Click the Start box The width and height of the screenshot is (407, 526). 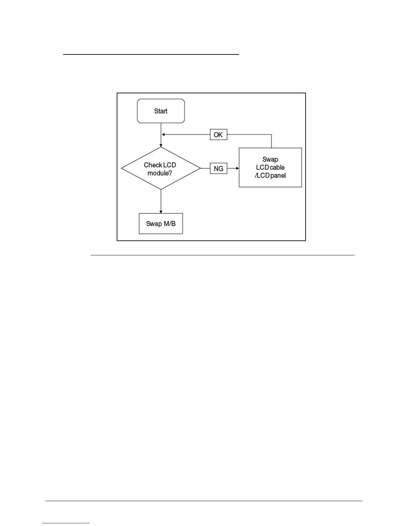click(161, 111)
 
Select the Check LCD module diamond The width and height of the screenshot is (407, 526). click(161, 168)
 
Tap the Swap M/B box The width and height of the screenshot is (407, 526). click(161, 223)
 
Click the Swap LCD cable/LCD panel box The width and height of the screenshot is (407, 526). click(270, 167)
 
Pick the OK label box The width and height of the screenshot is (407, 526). click(218, 134)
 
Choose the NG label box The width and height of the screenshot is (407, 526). click(218, 168)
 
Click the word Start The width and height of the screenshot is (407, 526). click(161, 111)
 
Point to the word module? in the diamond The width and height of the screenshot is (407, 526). click(160, 173)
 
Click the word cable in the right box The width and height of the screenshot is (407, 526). click(277, 167)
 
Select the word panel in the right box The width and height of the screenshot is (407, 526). click(278, 175)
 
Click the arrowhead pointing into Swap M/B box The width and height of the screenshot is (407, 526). click(161, 212)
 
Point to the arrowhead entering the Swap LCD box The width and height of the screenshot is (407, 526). click(237, 168)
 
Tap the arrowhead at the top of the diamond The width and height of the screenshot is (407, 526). click(161, 145)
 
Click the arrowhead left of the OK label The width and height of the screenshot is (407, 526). click(163, 134)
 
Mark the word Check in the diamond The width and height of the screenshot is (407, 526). click(153, 165)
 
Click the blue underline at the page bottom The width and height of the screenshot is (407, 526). click(66, 523)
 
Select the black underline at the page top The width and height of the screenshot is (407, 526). click(151, 54)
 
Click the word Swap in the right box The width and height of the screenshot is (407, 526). click(270, 159)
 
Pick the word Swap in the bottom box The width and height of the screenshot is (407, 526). click(153, 223)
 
